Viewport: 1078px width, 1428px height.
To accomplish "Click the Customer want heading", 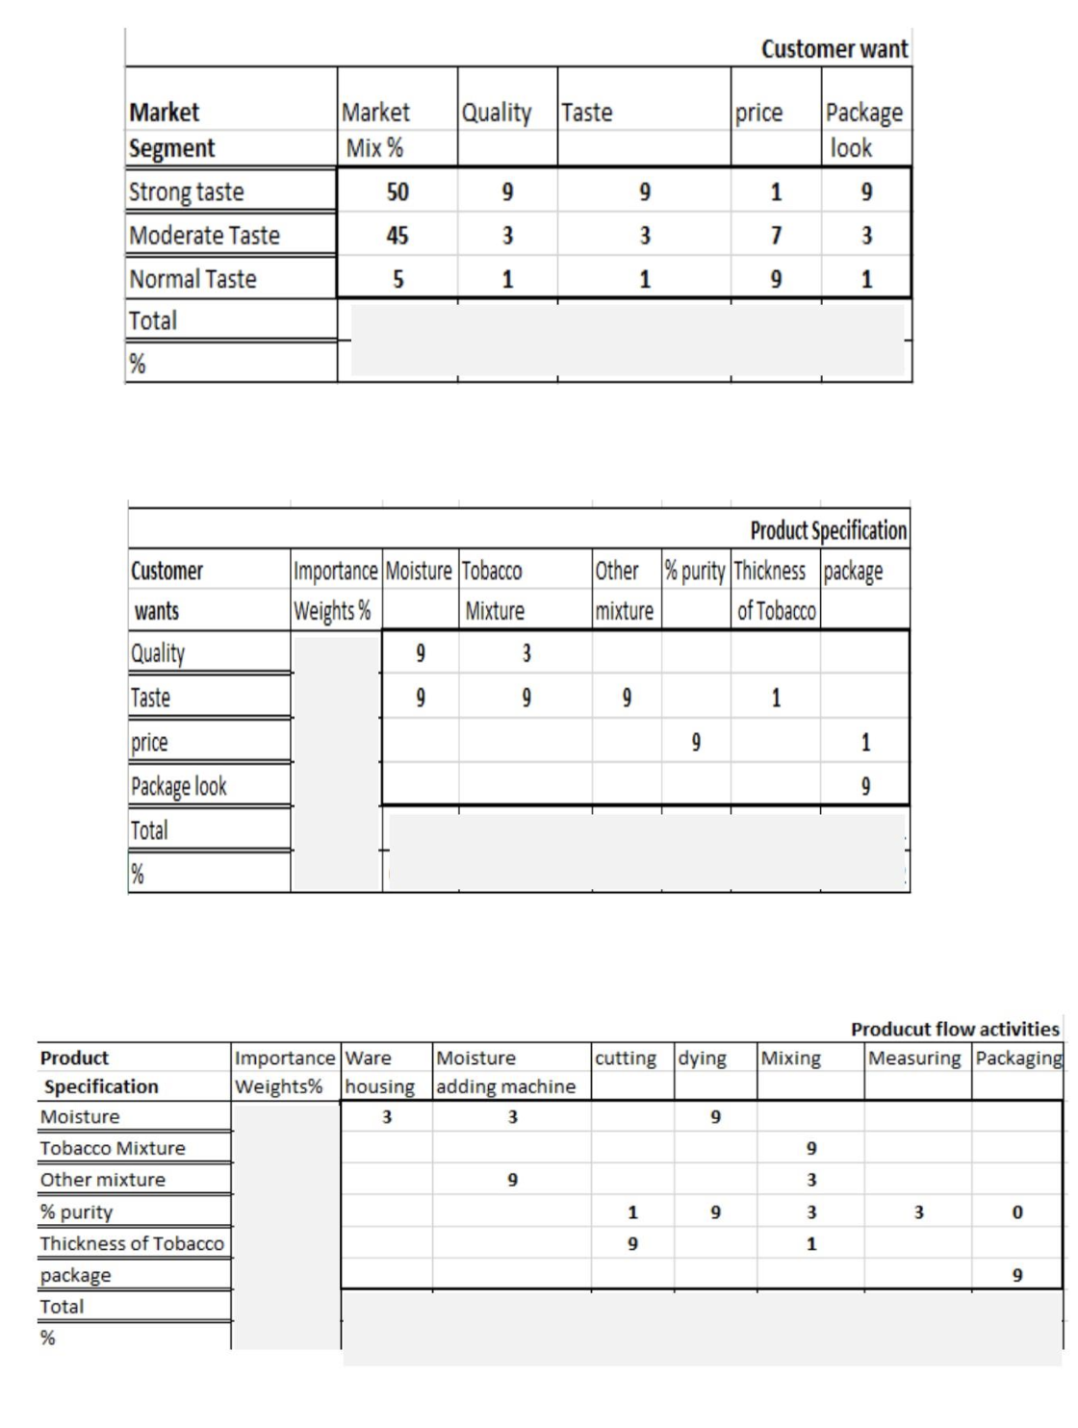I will click(x=834, y=49).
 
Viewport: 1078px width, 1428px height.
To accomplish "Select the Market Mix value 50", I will click(x=398, y=191).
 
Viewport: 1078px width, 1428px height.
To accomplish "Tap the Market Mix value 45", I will click(x=398, y=235).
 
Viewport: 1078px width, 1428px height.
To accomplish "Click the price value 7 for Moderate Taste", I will click(x=776, y=235).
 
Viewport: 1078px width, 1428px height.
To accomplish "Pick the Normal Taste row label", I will click(x=193, y=279).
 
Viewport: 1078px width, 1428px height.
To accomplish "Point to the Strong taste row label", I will click(x=187, y=191).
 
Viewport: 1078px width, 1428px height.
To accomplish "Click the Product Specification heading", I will click(x=828, y=530).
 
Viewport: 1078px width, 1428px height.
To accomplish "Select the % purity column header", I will click(x=695, y=571).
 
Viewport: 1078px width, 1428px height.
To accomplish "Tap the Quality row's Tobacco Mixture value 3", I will click(x=526, y=653).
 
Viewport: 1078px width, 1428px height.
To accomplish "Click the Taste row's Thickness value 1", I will click(x=776, y=698).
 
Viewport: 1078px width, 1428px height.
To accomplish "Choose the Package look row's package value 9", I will click(x=865, y=786).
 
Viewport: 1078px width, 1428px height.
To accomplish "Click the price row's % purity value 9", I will click(x=695, y=742).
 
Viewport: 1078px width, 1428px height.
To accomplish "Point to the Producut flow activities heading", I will click(x=955, y=1029).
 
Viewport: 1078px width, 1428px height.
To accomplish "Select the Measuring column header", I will click(x=914, y=1058).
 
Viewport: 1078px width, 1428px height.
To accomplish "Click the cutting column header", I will click(x=626, y=1058).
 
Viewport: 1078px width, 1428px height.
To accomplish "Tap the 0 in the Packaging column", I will click(x=1017, y=1212).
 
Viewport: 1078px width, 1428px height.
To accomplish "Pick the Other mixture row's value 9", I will click(x=512, y=1180).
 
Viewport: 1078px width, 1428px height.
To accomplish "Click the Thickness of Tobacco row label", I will click(x=132, y=1243).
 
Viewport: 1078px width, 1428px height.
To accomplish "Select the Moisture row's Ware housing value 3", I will click(x=387, y=1116).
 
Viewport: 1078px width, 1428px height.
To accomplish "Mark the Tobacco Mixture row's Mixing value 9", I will click(x=811, y=1148).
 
